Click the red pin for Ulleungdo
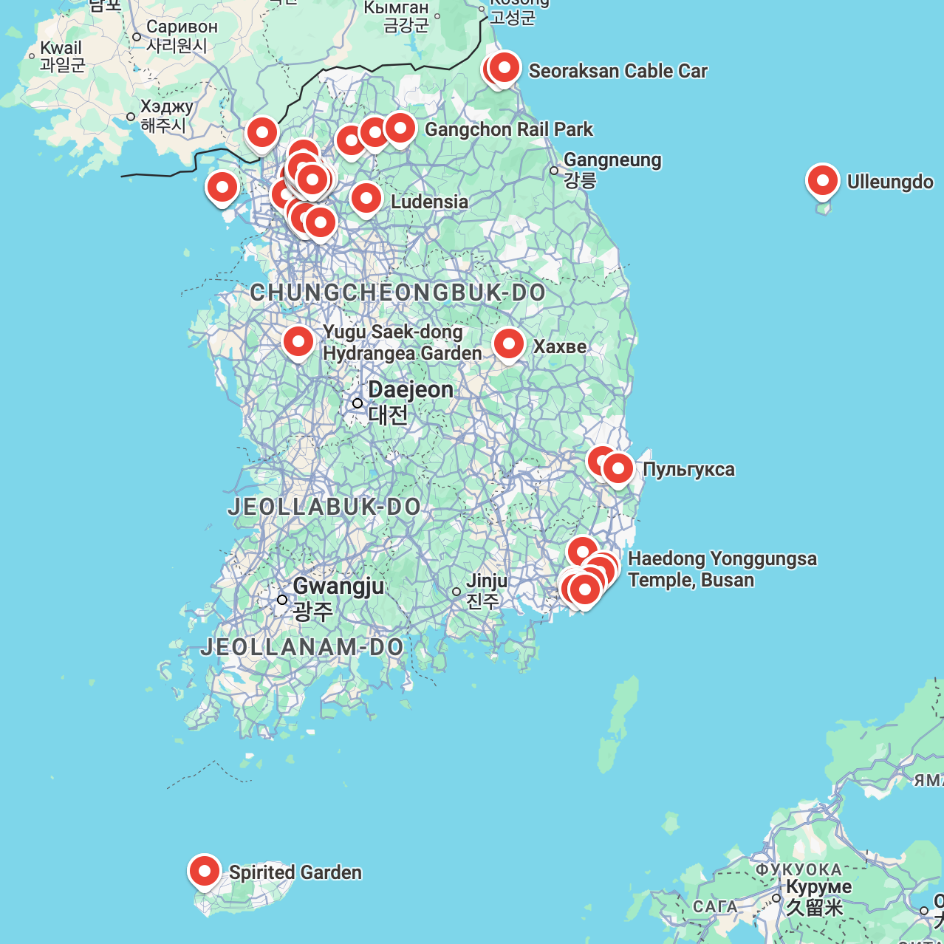pos(822,180)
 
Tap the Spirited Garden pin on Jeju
pos(204,872)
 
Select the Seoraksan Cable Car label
pos(618,71)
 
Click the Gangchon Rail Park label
pos(508,129)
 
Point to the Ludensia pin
pos(366,198)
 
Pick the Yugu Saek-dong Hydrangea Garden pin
pos(298,341)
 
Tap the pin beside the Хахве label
pos(509,344)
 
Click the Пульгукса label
pos(688,470)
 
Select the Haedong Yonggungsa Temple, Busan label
pos(722,569)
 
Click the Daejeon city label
pos(410,390)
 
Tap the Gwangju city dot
pos(282,600)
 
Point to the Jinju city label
pos(486,581)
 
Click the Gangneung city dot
pos(554,171)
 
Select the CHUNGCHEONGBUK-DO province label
pos(397,293)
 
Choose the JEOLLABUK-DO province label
pos(324,507)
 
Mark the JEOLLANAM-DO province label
pos(302,647)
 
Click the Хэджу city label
pos(167,107)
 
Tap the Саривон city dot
pos(137,37)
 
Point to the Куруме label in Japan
pos(818,886)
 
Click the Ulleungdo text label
pos(889,182)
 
